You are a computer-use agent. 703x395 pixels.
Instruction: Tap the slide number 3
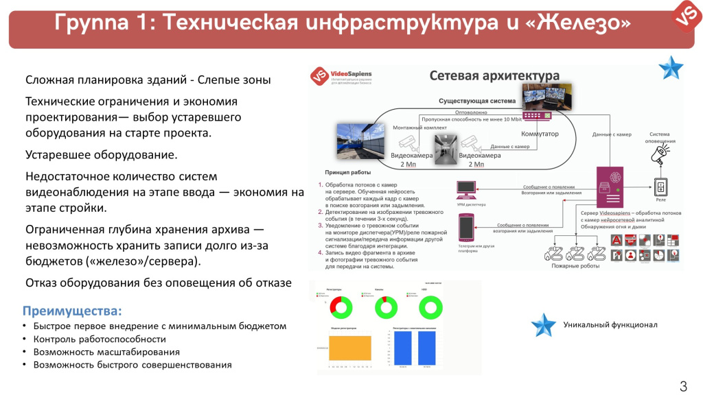pos(683,385)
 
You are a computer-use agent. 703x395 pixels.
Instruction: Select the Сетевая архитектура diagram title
pos(494,75)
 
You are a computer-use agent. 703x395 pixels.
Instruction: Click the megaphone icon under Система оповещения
pos(659,157)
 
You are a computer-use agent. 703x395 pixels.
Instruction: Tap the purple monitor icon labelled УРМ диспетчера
pos(467,189)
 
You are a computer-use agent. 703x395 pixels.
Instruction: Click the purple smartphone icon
pos(466,227)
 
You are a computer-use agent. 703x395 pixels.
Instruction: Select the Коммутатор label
pos(559,133)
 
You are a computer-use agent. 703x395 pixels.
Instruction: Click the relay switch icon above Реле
pos(660,188)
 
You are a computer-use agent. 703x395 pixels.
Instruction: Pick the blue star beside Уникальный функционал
pos(544,325)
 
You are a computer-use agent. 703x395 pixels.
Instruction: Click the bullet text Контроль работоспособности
pos(100,339)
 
